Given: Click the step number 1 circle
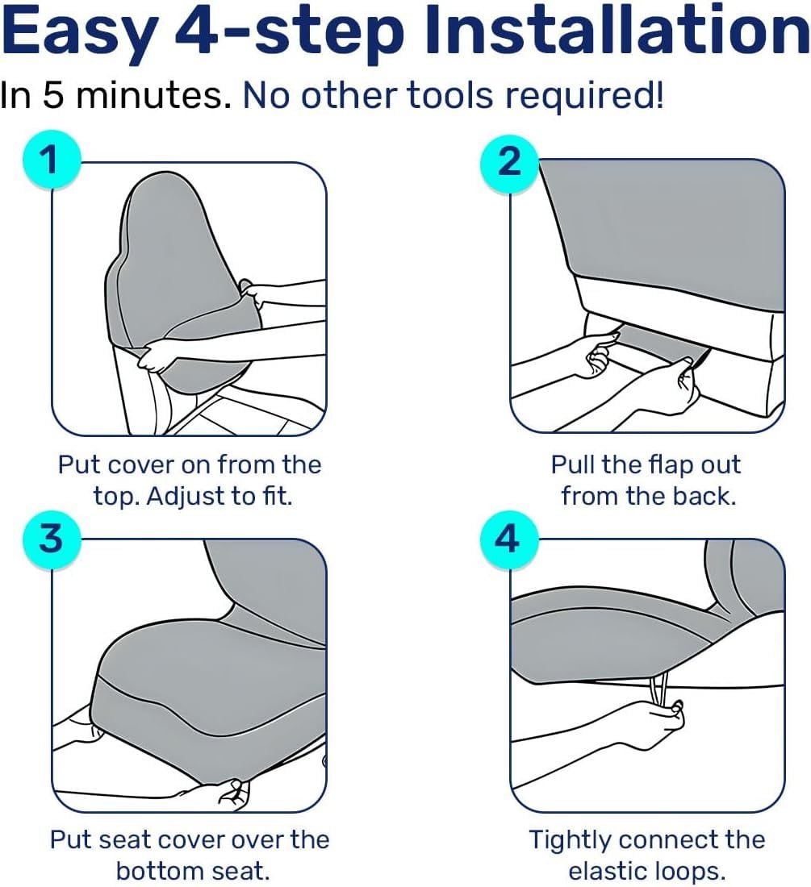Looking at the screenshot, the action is coord(52,160).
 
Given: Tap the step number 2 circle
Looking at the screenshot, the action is coord(509,161).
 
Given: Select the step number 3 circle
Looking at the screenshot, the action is coord(52,538).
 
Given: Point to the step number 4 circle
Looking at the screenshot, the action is coord(508,538).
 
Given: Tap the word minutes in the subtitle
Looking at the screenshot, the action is coord(150,96).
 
